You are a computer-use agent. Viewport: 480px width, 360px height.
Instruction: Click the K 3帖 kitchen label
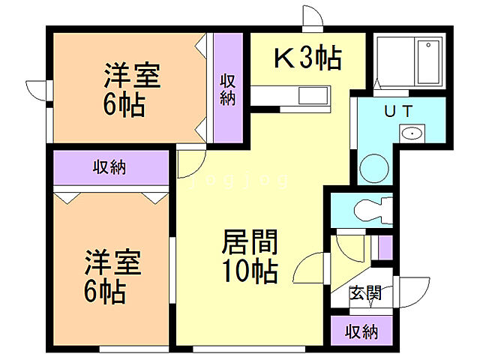(308, 57)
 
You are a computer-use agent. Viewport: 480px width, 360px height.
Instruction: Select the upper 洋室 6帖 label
(133, 89)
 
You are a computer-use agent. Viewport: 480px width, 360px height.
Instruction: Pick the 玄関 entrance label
(365, 292)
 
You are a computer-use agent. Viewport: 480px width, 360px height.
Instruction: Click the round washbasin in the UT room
(411, 134)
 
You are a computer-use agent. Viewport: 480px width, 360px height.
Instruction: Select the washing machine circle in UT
(373, 168)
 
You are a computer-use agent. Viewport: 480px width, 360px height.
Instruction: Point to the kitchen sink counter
(289, 97)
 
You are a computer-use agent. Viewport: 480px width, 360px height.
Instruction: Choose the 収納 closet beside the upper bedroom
(227, 89)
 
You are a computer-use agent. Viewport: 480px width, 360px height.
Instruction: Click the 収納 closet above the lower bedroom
(109, 167)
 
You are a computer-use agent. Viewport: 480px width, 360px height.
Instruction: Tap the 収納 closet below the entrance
(360, 331)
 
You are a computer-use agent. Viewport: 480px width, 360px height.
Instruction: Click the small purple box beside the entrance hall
(385, 247)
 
